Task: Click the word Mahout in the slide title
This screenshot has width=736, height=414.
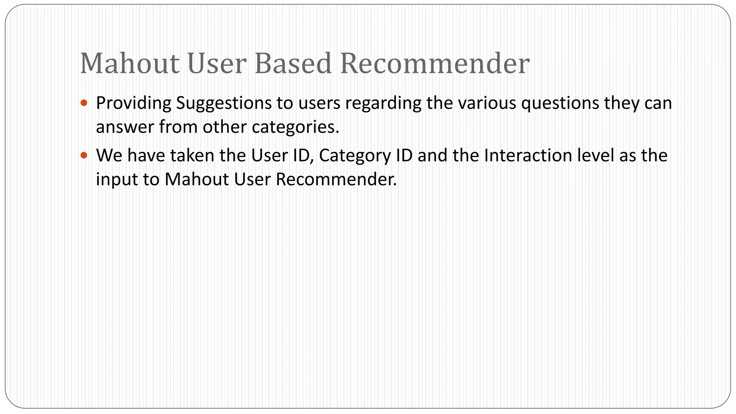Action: (129, 64)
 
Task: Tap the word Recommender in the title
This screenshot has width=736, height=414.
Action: (434, 64)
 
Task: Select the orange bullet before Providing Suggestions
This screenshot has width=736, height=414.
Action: (84, 103)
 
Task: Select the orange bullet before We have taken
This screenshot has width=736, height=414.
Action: (84, 155)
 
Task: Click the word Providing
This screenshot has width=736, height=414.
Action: (134, 103)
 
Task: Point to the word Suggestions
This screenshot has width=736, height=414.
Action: (224, 103)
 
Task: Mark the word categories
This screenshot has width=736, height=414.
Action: (295, 127)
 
